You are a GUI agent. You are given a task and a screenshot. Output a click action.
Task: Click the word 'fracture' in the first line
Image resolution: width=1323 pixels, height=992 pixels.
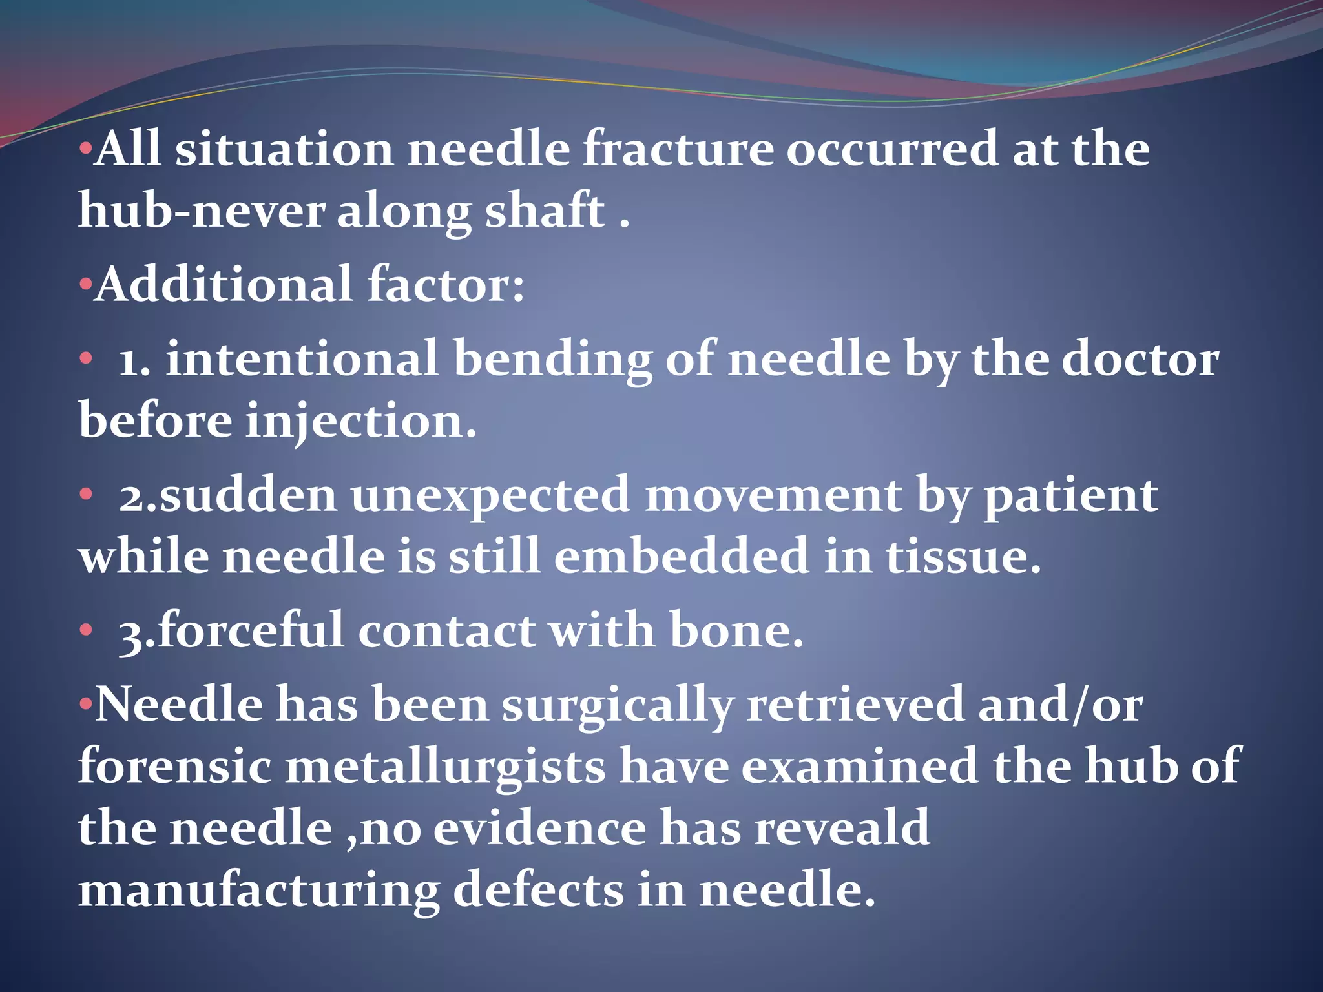click(x=678, y=150)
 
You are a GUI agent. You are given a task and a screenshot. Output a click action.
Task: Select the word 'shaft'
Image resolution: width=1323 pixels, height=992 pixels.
click(x=545, y=211)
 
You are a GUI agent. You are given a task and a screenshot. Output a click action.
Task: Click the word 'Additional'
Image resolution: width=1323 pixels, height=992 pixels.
click(x=224, y=285)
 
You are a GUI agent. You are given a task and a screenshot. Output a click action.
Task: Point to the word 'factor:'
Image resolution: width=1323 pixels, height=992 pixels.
click(x=446, y=285)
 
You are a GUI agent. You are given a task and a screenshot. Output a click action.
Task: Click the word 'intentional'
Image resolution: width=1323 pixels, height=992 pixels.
click(x=302, y=359)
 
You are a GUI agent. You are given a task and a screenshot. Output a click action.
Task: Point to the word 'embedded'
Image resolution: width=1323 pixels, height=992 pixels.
click(x=682, y=556)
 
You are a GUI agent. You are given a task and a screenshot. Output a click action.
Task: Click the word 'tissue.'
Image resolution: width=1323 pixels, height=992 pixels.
click(x=963, y=556)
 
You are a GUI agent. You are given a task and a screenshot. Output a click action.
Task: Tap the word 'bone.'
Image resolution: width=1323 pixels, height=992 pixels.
click(x=736, y=630)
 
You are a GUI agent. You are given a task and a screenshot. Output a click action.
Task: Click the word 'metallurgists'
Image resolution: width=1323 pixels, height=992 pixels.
click(x=445, y=767)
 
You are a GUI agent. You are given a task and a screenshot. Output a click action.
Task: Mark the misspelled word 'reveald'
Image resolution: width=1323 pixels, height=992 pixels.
click(x=842, y=827)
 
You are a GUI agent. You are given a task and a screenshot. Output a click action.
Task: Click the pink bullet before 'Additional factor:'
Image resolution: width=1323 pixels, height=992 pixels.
click(x=85, y=285)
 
